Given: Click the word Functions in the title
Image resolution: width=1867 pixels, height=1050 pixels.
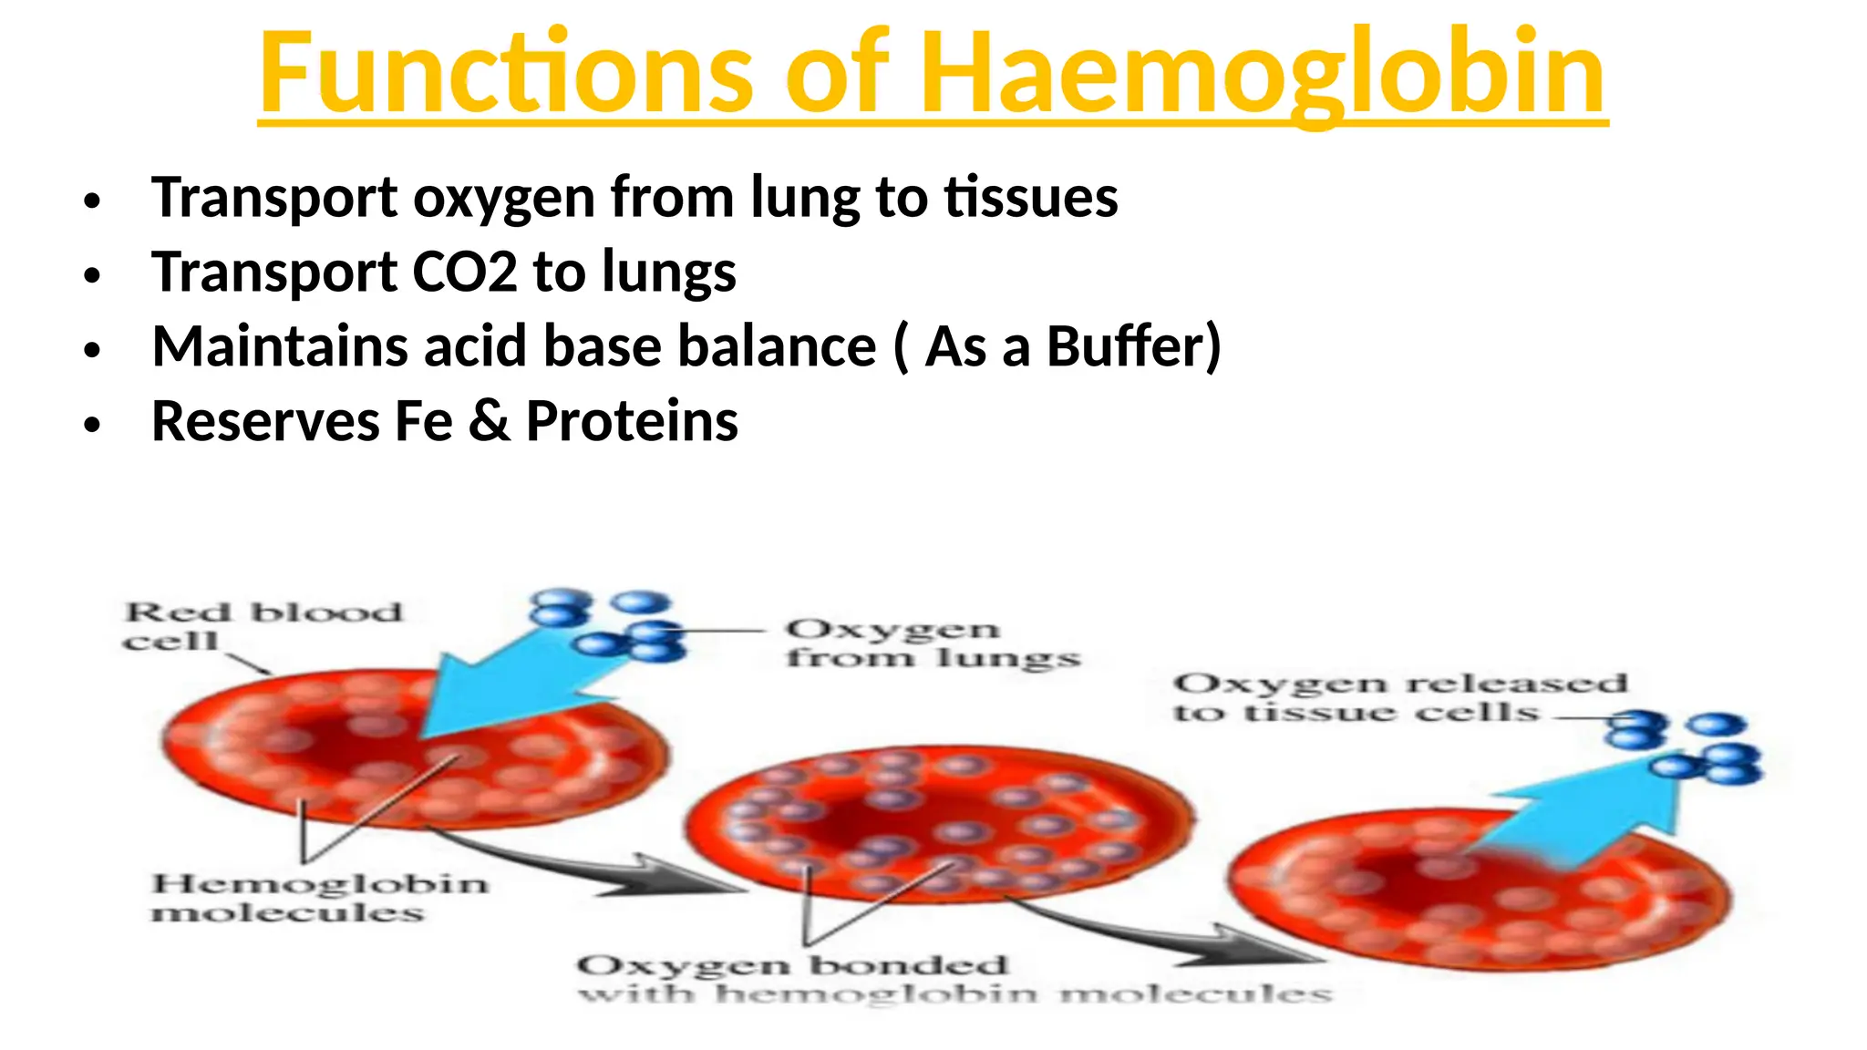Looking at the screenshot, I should click(x=506, y=73).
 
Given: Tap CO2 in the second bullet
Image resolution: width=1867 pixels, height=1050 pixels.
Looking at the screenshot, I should click(x=465, y=273).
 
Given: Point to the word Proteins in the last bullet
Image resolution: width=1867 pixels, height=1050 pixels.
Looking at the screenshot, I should click(x=632, y=422).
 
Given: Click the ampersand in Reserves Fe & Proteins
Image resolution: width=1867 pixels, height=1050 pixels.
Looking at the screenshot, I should click(x=490, y=422).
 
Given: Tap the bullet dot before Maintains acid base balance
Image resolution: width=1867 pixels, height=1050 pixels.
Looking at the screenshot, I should click(x=91, y=350).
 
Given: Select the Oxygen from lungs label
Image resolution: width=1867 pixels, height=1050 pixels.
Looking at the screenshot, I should click(x=932, y=643).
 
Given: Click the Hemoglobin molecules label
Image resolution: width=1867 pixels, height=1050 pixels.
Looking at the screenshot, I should click(x=319, y=898).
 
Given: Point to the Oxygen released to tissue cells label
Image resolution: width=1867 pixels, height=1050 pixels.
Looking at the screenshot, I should click(x=1399, y=697).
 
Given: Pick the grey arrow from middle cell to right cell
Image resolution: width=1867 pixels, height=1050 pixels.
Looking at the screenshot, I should click(x=1176, y=934).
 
